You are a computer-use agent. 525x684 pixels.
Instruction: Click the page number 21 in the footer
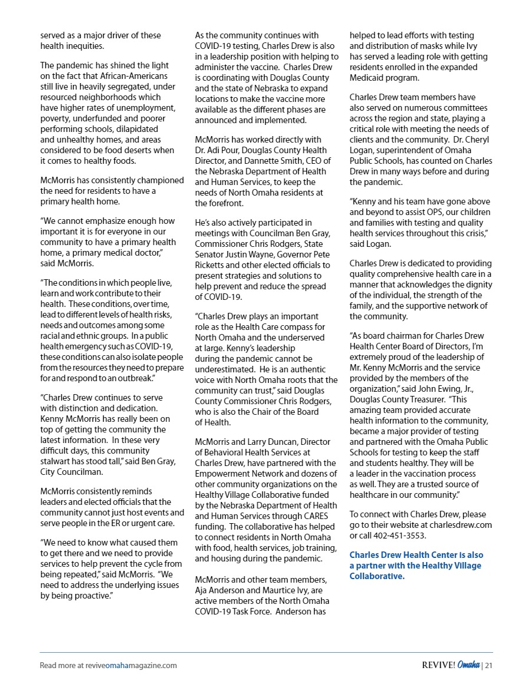(x=488, y=665)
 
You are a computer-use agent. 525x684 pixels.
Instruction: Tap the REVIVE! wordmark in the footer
(x=438, y=665)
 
